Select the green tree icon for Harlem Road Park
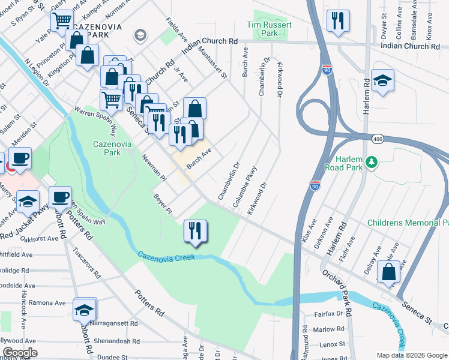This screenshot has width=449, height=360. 372,162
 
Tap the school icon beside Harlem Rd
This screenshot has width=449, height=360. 382,80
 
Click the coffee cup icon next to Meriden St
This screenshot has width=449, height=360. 20,159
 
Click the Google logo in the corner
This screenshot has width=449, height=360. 19,353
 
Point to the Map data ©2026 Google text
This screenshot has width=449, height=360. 412,355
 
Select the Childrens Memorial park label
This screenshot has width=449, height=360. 408,223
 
